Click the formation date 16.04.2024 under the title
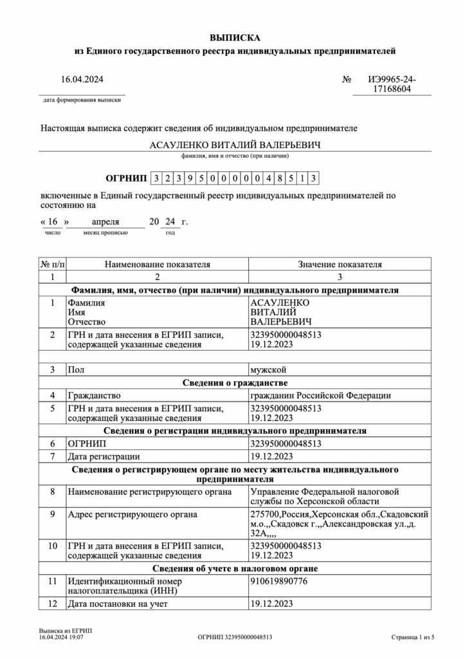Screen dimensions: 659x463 [x=82, y=80]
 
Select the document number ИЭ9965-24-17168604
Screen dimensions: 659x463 [x=392, y=85]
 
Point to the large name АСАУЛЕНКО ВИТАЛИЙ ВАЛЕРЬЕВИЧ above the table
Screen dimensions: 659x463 [x=235, y=145]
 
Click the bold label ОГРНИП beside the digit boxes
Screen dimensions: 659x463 [x=125, y=178]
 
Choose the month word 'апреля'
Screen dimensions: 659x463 [x=105, y=222]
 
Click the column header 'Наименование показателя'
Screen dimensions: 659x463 [x=158, y=264]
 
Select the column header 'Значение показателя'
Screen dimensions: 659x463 [x=340, y=264]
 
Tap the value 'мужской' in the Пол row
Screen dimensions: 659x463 [x=268, y=369]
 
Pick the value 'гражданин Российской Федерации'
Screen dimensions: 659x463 [x=320, y=395]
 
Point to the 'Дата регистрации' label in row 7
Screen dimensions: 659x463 [x=104, y=456]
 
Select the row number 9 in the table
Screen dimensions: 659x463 [x=53, y=514]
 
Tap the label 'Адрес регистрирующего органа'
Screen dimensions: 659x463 [x=132, y=514]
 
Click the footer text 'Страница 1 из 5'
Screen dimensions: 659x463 [x=413, y=637]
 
